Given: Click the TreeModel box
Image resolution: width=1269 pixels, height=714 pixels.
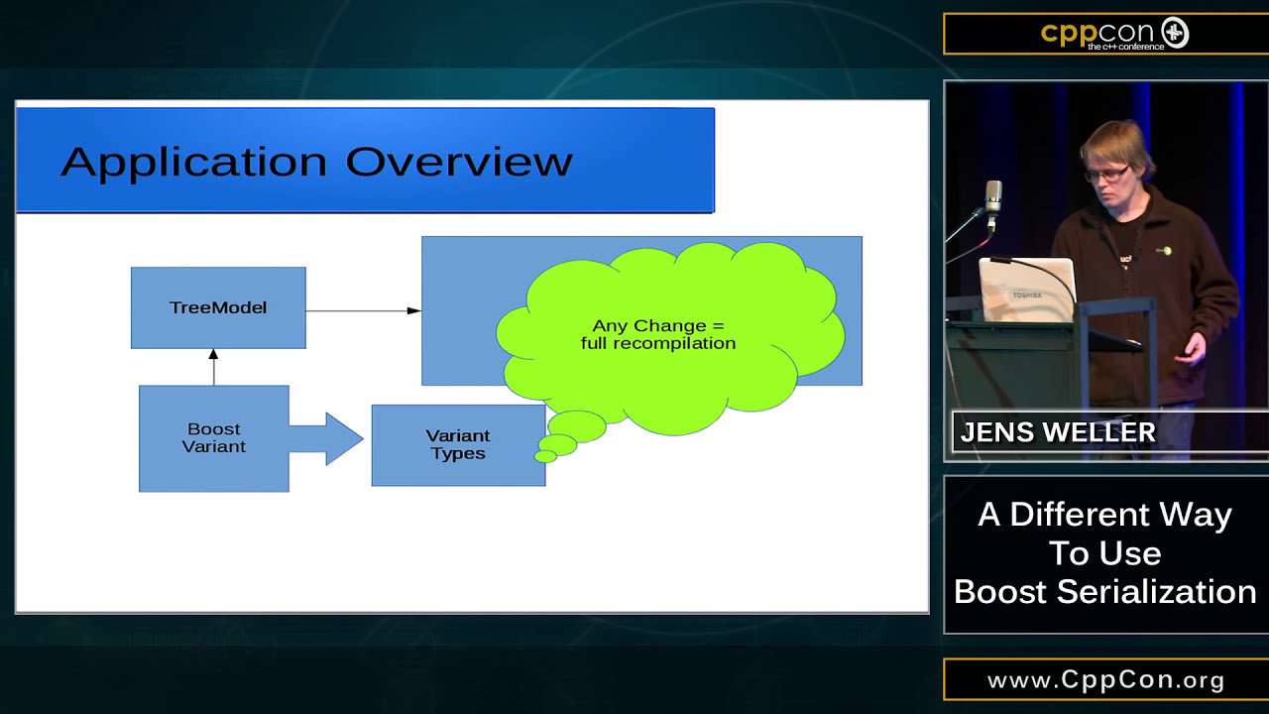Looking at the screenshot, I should point(218,307).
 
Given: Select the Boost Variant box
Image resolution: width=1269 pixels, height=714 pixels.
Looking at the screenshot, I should point(214,438).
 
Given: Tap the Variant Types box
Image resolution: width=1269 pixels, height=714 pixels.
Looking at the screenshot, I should point(458,445).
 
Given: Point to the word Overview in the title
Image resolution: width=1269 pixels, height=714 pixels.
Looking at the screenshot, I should point(459,162).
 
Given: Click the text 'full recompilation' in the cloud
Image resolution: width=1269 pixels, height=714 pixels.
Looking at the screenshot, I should point(658,343).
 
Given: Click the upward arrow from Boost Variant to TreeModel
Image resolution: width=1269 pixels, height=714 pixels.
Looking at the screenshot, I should point(213,367).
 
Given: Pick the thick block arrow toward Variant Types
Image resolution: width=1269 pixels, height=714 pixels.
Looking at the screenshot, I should point(327,438).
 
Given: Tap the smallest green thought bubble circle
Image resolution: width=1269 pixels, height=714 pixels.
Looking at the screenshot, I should point(545,456).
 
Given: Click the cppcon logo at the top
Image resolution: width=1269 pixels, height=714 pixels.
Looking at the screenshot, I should point(1114,34).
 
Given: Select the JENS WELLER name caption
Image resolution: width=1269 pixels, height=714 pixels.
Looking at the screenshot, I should point(1059,433).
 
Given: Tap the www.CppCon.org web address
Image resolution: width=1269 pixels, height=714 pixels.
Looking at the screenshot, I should point(1106,681).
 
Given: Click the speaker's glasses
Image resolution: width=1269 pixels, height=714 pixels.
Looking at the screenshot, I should point(1108,173).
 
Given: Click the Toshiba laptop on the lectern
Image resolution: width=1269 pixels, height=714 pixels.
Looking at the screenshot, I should point(1025,290).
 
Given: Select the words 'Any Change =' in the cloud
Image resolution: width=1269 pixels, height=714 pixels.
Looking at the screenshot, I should point(658,325).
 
